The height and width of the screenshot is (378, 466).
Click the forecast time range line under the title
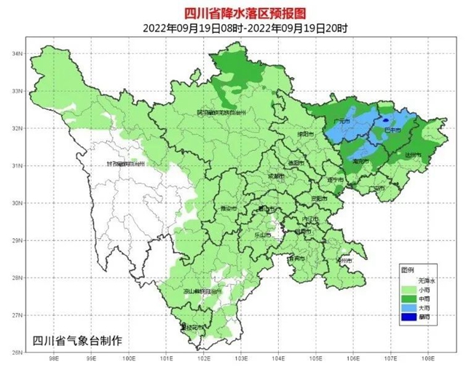(x=232, y=28)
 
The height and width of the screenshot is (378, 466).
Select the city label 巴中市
(x=393, y=130)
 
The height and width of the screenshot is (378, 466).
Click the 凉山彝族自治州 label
(x=201, y=291)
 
